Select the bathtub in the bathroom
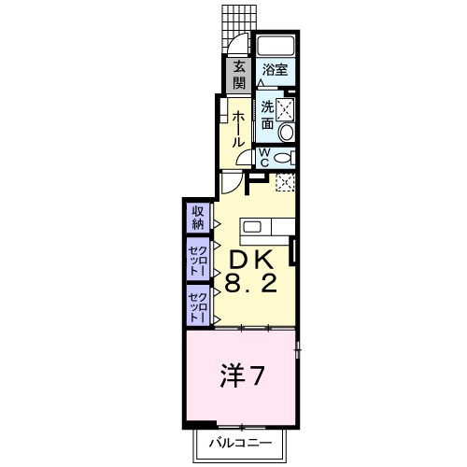tap(276, 48)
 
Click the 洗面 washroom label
tap(268, 113)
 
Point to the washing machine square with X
tap(287, 109)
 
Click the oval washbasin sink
tap(287, 134)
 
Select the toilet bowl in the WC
tap(284, 156)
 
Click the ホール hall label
tap(239, 127)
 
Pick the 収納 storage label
tap(199, 218)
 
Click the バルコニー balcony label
tap(239, 440)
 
